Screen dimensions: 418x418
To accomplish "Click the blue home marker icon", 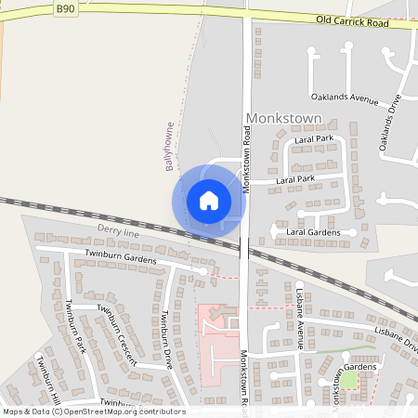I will (209, 200).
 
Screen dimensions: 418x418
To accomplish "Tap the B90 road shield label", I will (64, 7).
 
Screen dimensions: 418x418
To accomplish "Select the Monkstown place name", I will (283, 119).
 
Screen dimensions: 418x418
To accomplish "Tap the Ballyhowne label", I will (170, 146).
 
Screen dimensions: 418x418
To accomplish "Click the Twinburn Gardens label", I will (121, 256).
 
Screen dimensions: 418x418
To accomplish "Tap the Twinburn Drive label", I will (168, 339).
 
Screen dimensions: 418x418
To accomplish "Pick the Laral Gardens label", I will (320, 231).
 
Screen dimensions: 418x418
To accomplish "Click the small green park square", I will (348, 379).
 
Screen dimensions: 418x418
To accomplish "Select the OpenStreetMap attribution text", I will (94, 411).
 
